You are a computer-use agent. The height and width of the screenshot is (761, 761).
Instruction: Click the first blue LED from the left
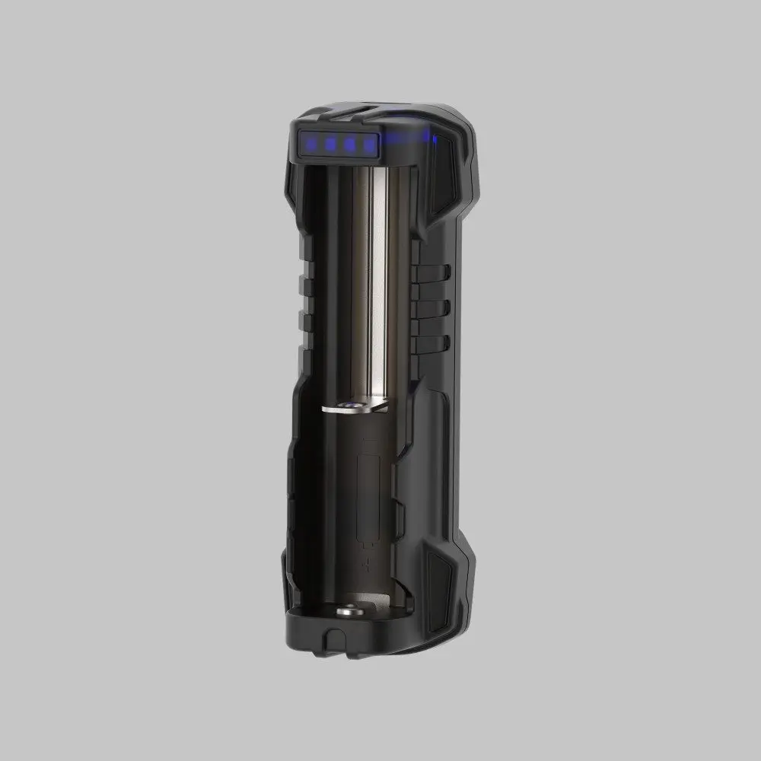[310, 142]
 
